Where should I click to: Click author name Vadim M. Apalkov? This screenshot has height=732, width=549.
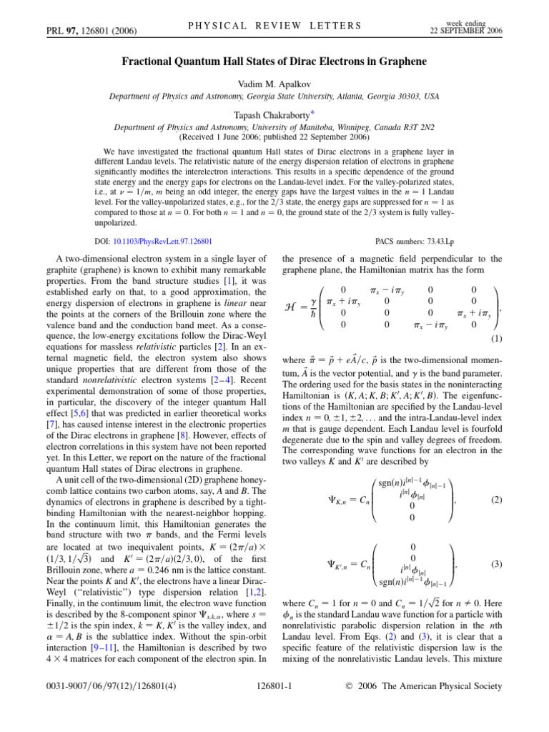point(274,84)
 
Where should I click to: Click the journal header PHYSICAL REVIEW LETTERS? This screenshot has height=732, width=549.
point(274,26)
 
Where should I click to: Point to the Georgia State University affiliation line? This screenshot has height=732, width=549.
point(274,96)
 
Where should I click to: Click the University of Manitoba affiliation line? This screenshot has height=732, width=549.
point(274,127)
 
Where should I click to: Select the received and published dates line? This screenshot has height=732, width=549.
point(274,136)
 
